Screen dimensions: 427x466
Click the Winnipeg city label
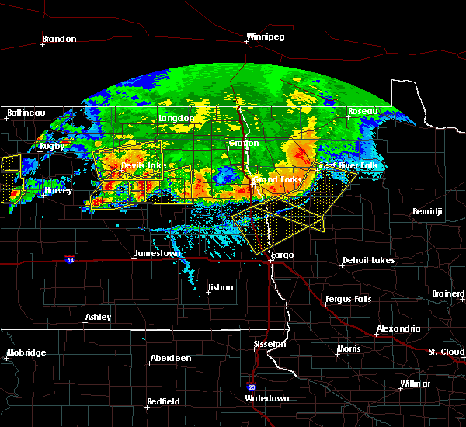(265, 36)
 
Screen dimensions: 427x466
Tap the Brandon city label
(59, 39)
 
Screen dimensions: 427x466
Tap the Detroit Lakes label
(368, 260)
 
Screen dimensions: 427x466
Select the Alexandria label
(398, 329)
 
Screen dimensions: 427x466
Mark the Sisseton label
(271, 344)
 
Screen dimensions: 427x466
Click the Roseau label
(362, 112)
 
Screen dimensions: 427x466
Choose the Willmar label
(416, 384)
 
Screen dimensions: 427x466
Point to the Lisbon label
(221, 288)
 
